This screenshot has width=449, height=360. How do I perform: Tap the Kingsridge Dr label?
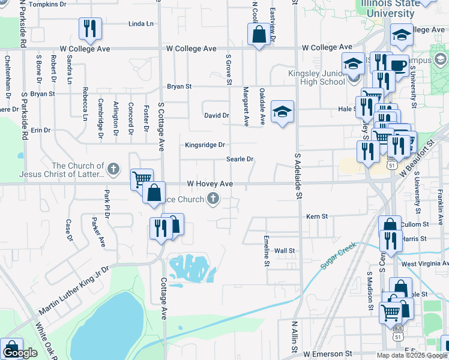click(205, 145)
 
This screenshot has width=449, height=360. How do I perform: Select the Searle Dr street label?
click(240, 159)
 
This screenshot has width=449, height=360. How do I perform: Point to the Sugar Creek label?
click(339, 255)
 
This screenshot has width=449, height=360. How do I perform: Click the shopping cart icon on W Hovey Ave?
click(142, 179)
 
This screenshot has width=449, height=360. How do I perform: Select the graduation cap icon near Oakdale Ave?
click(282, 111)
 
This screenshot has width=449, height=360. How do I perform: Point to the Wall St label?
click(285, 250)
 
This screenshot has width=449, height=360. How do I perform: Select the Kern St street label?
click(317, 216)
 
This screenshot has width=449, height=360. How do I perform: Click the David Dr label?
click(217, 115)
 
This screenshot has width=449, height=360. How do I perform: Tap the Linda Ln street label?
click(141, 24)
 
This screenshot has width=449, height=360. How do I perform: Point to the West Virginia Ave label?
click(425, 263)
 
